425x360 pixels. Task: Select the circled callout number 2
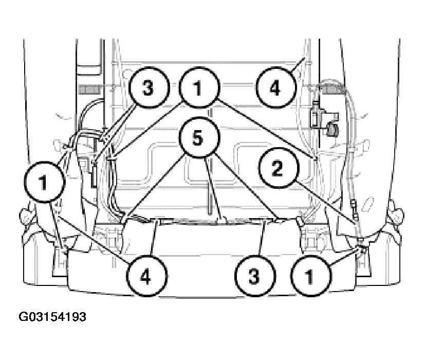pos(279,168)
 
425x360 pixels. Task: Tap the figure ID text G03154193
pos(52,317)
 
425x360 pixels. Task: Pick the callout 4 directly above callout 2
pos(276,87)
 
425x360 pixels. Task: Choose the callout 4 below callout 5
pos(146,276)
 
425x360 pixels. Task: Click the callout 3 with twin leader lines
pos(149,87)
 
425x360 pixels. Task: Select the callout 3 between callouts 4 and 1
pos(255,276)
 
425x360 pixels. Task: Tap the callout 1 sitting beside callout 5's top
pos(199,87)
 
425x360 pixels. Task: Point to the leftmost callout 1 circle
pos(44,182)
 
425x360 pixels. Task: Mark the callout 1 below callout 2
pos(310,276)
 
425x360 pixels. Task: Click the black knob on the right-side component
pos(332,129)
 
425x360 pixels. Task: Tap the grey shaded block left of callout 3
pos(89,89)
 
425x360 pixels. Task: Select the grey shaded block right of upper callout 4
pos(332,89)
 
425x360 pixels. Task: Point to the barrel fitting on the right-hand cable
pos(354,205)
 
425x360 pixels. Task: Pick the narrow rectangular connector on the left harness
pos(95,177)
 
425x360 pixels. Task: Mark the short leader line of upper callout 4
pos(298,64)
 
